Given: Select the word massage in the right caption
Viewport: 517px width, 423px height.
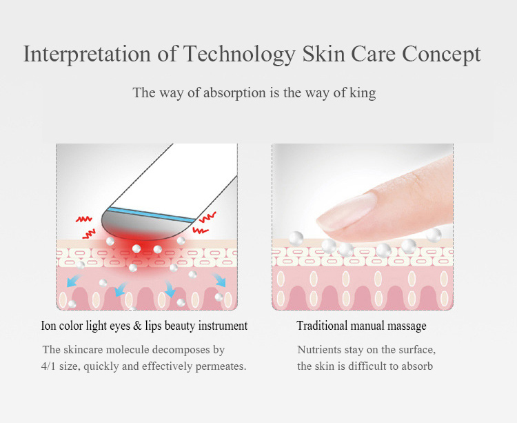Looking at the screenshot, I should coord(406,326).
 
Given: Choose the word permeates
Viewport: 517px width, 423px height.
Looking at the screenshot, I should coord(220,366).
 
